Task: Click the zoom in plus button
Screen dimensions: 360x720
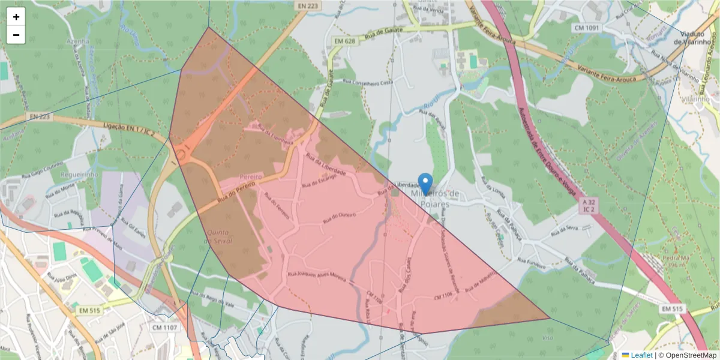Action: [x=16, y=17]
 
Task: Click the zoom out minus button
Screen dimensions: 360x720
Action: [x=16, y=35]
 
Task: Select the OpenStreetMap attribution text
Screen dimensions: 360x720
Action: [x=687, y=355]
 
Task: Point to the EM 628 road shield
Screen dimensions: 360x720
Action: [x=340, y=41]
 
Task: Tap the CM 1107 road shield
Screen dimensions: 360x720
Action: [x=164, y=328]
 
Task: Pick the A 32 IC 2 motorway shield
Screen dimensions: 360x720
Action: [x=589, y=206]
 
